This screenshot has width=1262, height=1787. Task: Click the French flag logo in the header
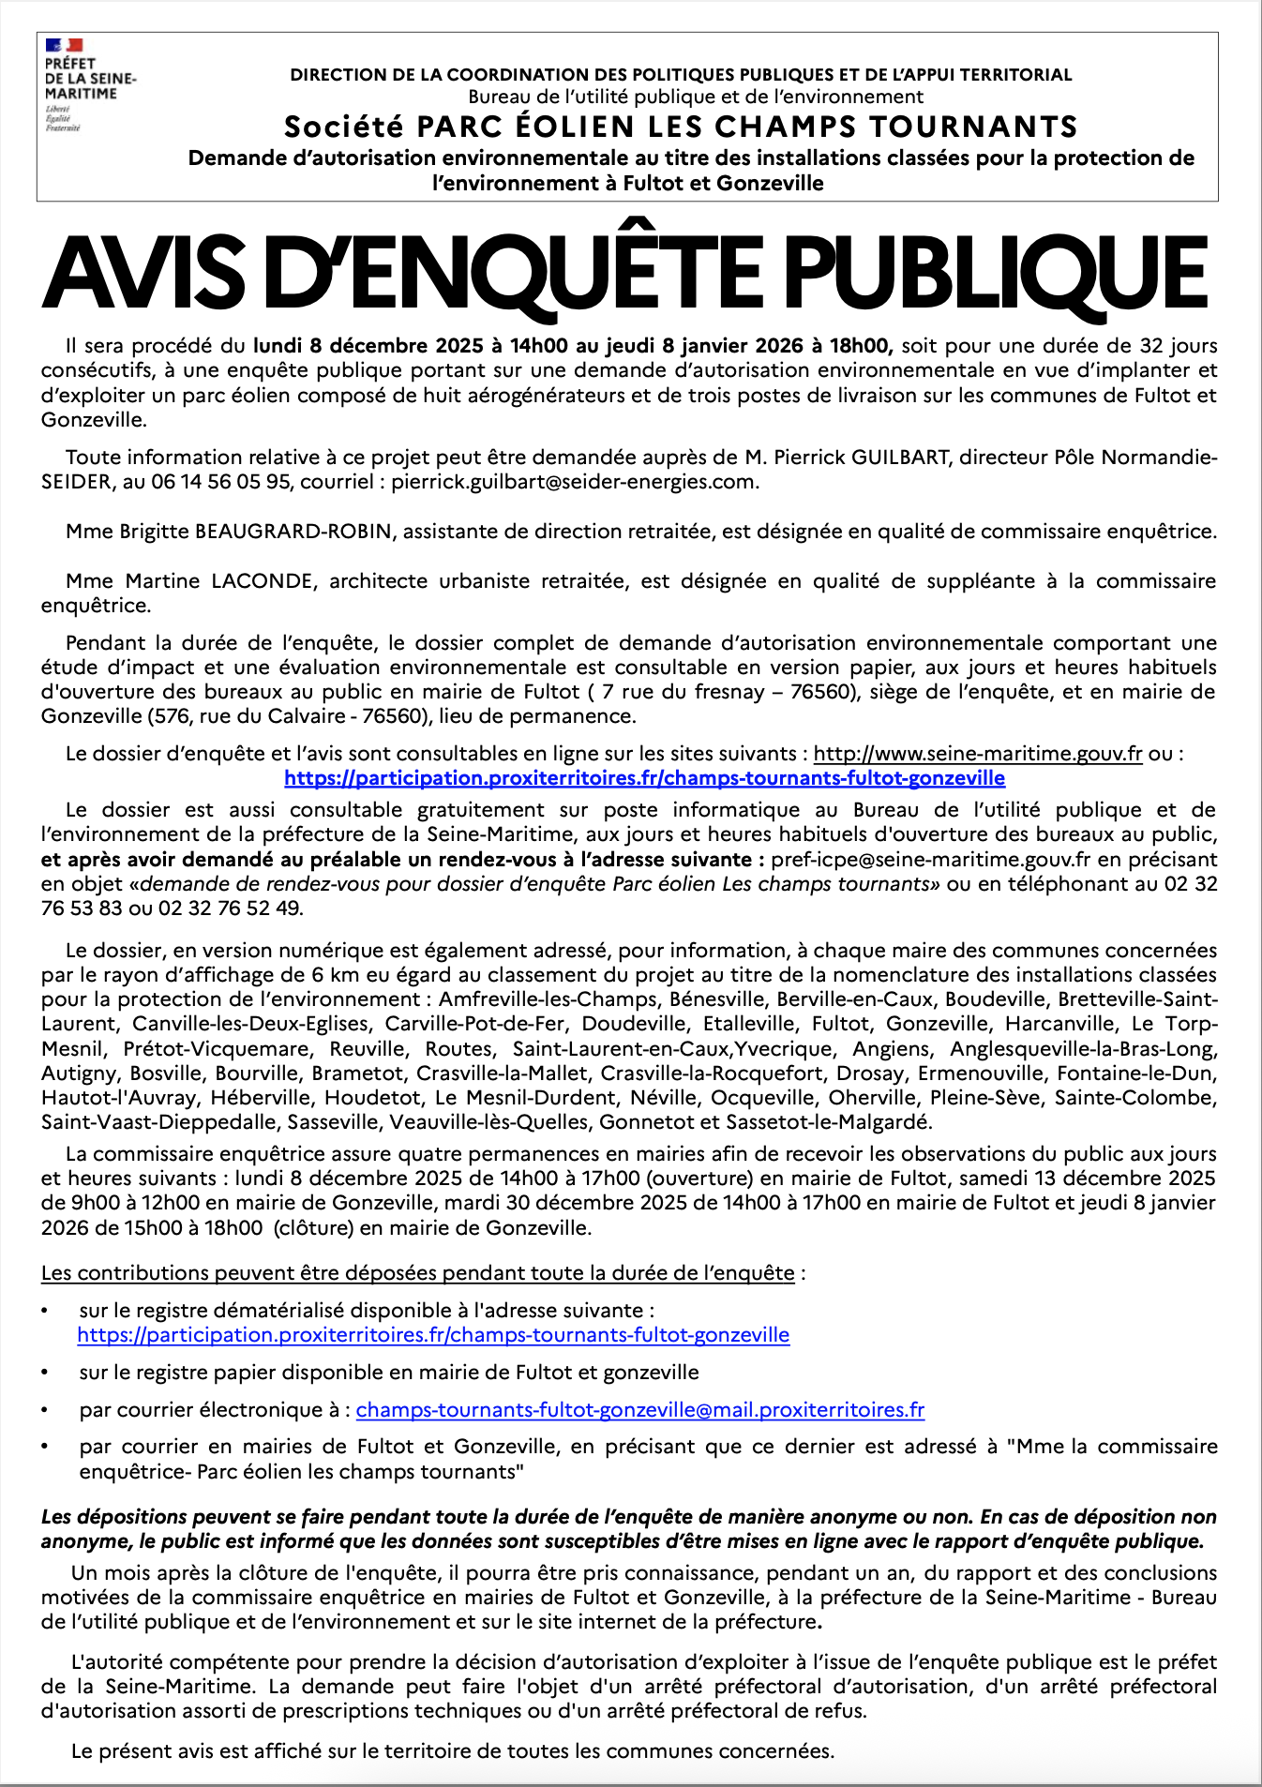64,44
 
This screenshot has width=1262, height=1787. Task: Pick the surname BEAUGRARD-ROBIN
293,532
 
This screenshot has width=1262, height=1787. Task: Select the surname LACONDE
263,581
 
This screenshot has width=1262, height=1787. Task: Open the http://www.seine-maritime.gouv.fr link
977,754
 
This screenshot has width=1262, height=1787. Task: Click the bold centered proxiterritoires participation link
644,778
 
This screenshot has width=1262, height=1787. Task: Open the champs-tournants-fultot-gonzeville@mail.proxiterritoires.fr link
639,1410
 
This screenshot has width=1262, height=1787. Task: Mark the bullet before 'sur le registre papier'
45,1374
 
